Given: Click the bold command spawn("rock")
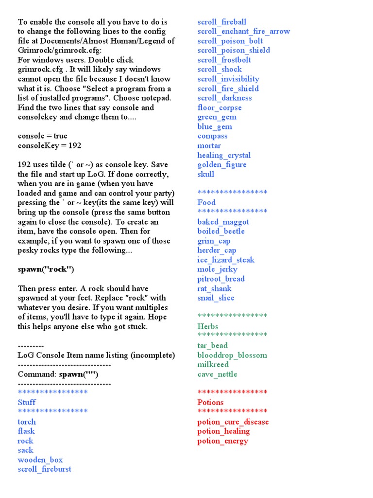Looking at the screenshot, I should tap(46, 269).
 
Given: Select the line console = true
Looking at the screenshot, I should tap(43, 136).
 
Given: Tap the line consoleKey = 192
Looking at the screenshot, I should tap(46, 145).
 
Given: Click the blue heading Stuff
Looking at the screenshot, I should tap(27, 402).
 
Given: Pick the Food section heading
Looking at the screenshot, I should tap(206, 202).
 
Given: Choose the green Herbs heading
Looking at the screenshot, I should tap(208, 326).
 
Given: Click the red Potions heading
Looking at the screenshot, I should tap(210, 402).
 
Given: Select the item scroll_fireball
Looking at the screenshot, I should tap(221, 22).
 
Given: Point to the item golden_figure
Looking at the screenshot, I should tap(221, 164).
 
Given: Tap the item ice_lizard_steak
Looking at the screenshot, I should tap(225, 260).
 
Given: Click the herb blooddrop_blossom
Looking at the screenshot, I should tap(232, 355).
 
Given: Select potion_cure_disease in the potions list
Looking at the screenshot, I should tap(233, 422).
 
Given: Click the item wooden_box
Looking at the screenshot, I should tap(40, 460).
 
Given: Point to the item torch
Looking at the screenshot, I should tap(27, 422).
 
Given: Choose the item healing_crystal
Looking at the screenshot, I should tap(224, 155).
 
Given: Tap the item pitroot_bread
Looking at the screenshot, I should tap(220, 279).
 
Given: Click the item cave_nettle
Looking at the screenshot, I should tap(217, 374).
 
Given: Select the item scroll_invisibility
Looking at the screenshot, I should tap(228, 79).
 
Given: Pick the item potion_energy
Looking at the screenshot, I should tap(222, 441).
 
